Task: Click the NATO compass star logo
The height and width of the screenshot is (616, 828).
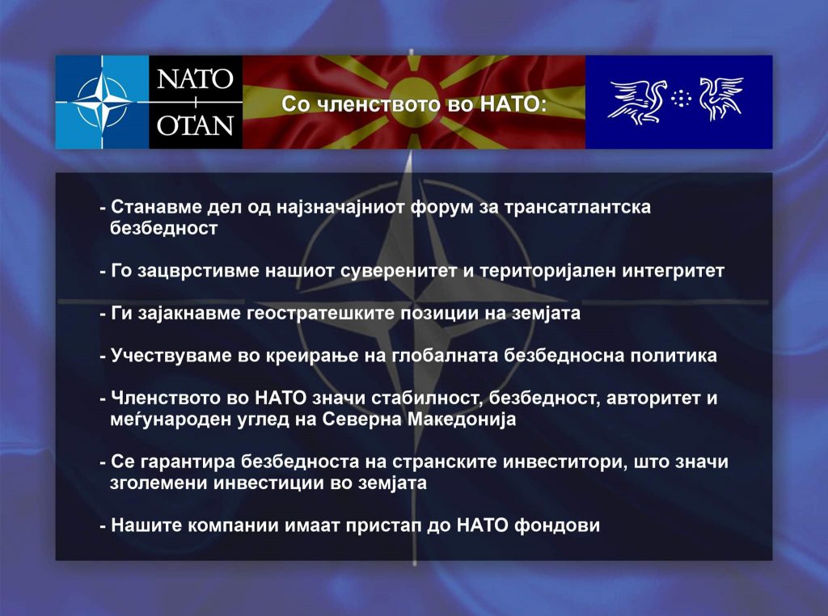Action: click(x=102, y=101)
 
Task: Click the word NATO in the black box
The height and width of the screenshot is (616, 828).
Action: click(x=195, y=79)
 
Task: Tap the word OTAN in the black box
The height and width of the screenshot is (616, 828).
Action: click(x=195, y=125)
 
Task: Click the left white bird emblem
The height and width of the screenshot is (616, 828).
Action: click(x=637, y=101)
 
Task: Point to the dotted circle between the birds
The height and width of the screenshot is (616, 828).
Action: click(x=682, y=98)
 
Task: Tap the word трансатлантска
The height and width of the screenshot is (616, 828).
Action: click(x=577, y=207)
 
